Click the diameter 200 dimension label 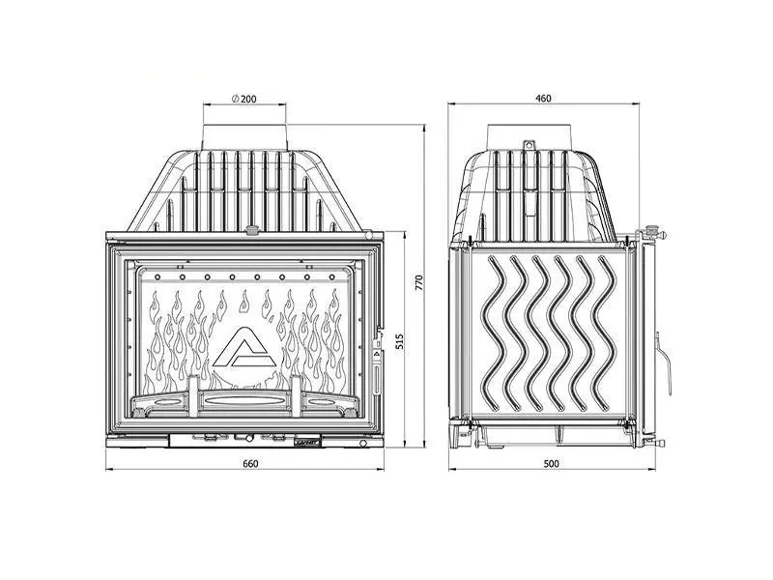[244, 99]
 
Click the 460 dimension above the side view [543, 99]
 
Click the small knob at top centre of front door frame [252, 231]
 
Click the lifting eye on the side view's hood [530, 147]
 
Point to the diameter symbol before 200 [236, 99]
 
